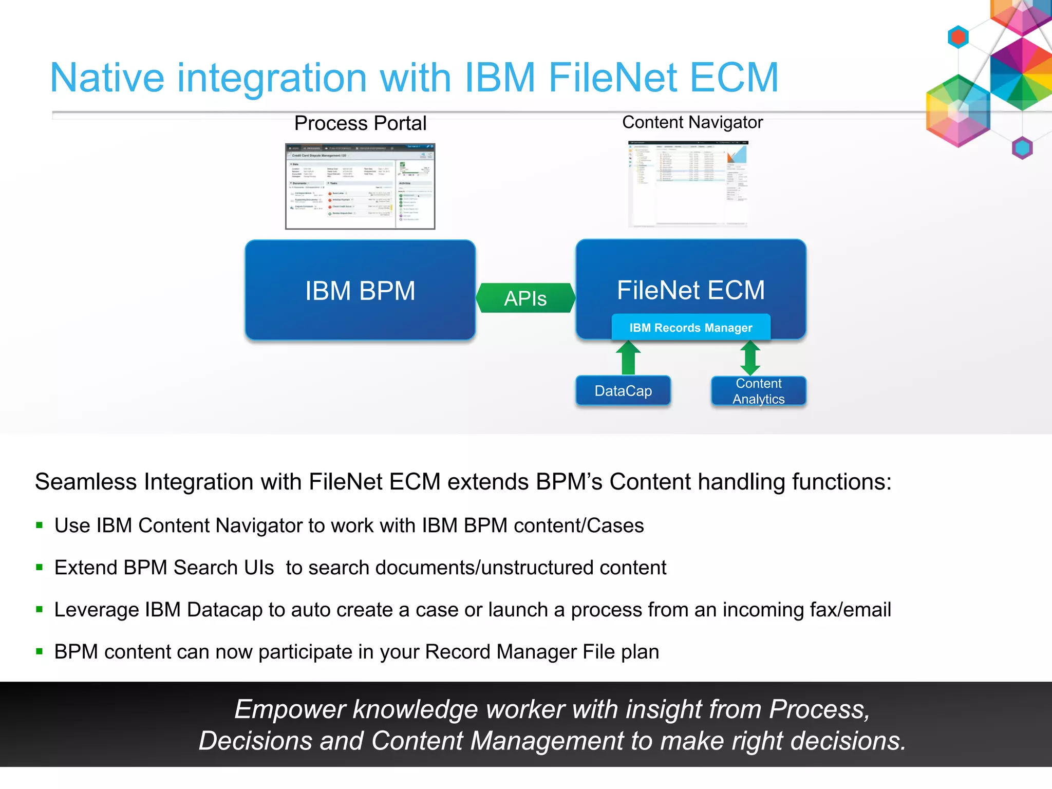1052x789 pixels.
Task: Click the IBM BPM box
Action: [x=360, y=290]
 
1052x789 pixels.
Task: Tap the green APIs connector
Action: [x=525, y=298]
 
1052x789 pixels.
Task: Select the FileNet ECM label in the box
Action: [x=690, y=290]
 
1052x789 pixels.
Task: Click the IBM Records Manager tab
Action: [x=690, y=328]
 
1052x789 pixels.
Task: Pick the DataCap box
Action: [x=623, y=391]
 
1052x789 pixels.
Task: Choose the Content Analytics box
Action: [x=758, y=391]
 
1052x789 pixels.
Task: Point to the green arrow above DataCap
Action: [x=628, y=358]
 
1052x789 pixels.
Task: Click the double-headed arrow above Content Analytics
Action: [x=750, y=358]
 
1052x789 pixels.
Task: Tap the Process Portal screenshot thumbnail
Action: [x=360, y=186]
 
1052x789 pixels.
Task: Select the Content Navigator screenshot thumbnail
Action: [x=688, y=184]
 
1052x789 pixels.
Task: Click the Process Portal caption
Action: [x=360, y=123]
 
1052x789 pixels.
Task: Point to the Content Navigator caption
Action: [x=692, y=122]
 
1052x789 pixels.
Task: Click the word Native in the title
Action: [x=107, y=78]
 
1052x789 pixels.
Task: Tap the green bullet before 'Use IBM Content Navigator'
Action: [x=40, y=525]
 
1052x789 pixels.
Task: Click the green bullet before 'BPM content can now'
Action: [x=40, y=651]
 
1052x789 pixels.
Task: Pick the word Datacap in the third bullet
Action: [x=224, y=610]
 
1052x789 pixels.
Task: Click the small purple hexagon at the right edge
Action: [x=1022, y=148]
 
